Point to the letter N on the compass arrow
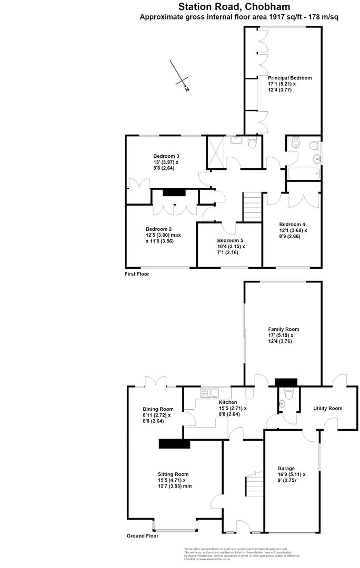pos(187,89)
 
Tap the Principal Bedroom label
pos(289,78)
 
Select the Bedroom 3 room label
pos(166,156)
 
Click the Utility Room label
pos(327,408)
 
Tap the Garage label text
pos(286,468)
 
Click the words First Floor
pos(137,274)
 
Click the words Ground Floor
pos(142,536)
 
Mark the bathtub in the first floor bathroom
pos(303,174)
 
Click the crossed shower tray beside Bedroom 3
pos(215,151)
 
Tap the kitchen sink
pos(214,392)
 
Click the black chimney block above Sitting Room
pos(174,444)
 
